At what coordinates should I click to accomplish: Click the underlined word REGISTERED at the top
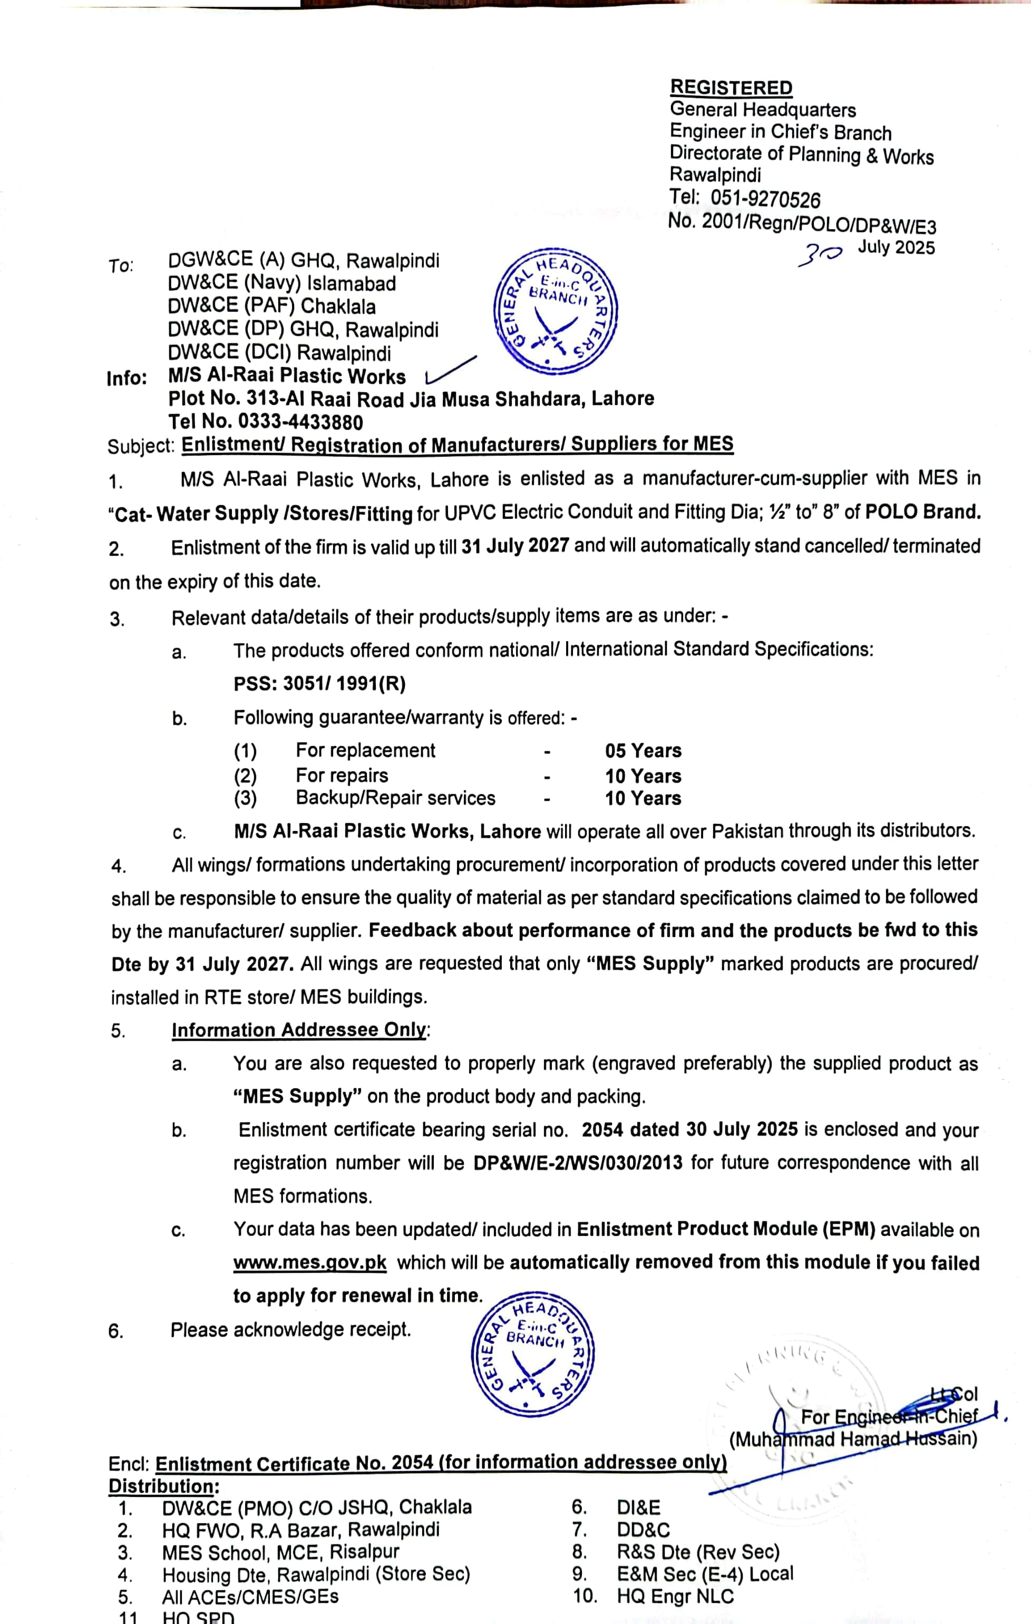point(731,88)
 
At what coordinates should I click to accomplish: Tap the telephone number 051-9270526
point(765,199)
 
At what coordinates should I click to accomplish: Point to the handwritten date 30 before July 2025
point(819,254)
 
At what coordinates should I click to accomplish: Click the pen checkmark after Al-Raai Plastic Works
point(450,370)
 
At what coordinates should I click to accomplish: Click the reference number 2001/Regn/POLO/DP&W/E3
point(819,223)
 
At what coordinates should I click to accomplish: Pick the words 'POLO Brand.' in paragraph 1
point(922,512)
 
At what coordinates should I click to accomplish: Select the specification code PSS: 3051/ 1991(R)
point(319,684)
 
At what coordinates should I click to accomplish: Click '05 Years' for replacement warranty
point(643,751)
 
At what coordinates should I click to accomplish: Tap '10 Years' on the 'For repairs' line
point(643,776)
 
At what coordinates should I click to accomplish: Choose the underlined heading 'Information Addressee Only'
point(299,1030)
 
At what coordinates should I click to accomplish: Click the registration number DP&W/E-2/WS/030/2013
point(577,1163)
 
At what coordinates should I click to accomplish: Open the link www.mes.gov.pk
point(309,1262)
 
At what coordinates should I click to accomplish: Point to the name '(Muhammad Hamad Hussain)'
point(852,1440)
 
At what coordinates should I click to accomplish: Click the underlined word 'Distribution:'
point(162,1486)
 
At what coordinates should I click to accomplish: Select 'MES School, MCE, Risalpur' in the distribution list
point(280,1552)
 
